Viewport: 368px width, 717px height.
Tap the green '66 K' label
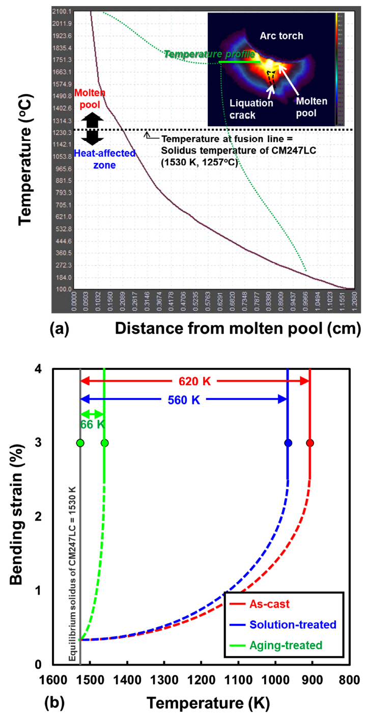pyautogui.click(x=92, y=424)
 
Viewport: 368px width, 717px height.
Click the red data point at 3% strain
pyautogui.click(x=310, y=443)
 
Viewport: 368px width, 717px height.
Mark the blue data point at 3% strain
pyautogui.click(x=288, y=443)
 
